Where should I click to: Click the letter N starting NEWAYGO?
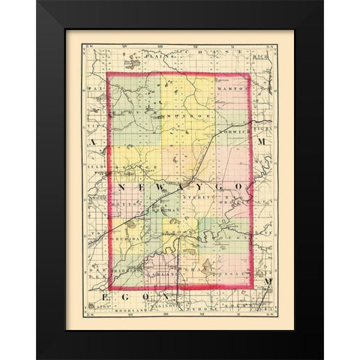pos(121,184)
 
